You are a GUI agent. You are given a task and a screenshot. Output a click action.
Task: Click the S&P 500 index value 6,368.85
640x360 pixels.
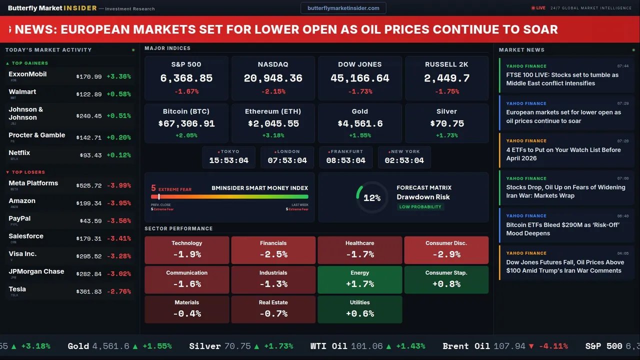coord(186,78)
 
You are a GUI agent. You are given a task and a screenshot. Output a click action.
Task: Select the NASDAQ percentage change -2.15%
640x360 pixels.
coord(273,91)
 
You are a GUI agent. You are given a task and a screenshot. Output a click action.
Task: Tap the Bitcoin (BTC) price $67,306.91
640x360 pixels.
coord(186,123)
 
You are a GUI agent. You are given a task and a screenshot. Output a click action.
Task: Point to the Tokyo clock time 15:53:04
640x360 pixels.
coord(228,160)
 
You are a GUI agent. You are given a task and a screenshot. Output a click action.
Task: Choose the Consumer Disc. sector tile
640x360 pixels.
coord(446,250)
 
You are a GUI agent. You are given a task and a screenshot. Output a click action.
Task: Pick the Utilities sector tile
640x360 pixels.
coord(359,309)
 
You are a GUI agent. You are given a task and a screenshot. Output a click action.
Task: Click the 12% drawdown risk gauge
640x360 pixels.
coord(371,198)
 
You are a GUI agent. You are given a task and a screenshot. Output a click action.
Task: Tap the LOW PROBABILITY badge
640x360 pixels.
coord(420,207)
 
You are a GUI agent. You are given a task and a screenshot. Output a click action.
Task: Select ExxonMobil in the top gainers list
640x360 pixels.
coord(27,74)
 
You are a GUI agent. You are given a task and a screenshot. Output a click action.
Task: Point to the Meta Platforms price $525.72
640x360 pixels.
coord(89,186)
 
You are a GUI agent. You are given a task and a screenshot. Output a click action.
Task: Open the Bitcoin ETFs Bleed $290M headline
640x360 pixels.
coord(562,229)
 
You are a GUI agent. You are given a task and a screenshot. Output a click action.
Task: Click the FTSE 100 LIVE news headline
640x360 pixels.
coord(562,79)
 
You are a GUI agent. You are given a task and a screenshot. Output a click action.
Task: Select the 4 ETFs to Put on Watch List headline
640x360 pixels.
coord(563,154)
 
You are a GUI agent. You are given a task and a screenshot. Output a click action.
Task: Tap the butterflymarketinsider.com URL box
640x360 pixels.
coord(343,8)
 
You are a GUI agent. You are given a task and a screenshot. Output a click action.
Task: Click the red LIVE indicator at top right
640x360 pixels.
coord(538,8)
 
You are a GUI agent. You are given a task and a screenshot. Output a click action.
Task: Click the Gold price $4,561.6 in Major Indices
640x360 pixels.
coord(360,123)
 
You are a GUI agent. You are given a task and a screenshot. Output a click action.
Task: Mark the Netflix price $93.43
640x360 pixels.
coord(90,155)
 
